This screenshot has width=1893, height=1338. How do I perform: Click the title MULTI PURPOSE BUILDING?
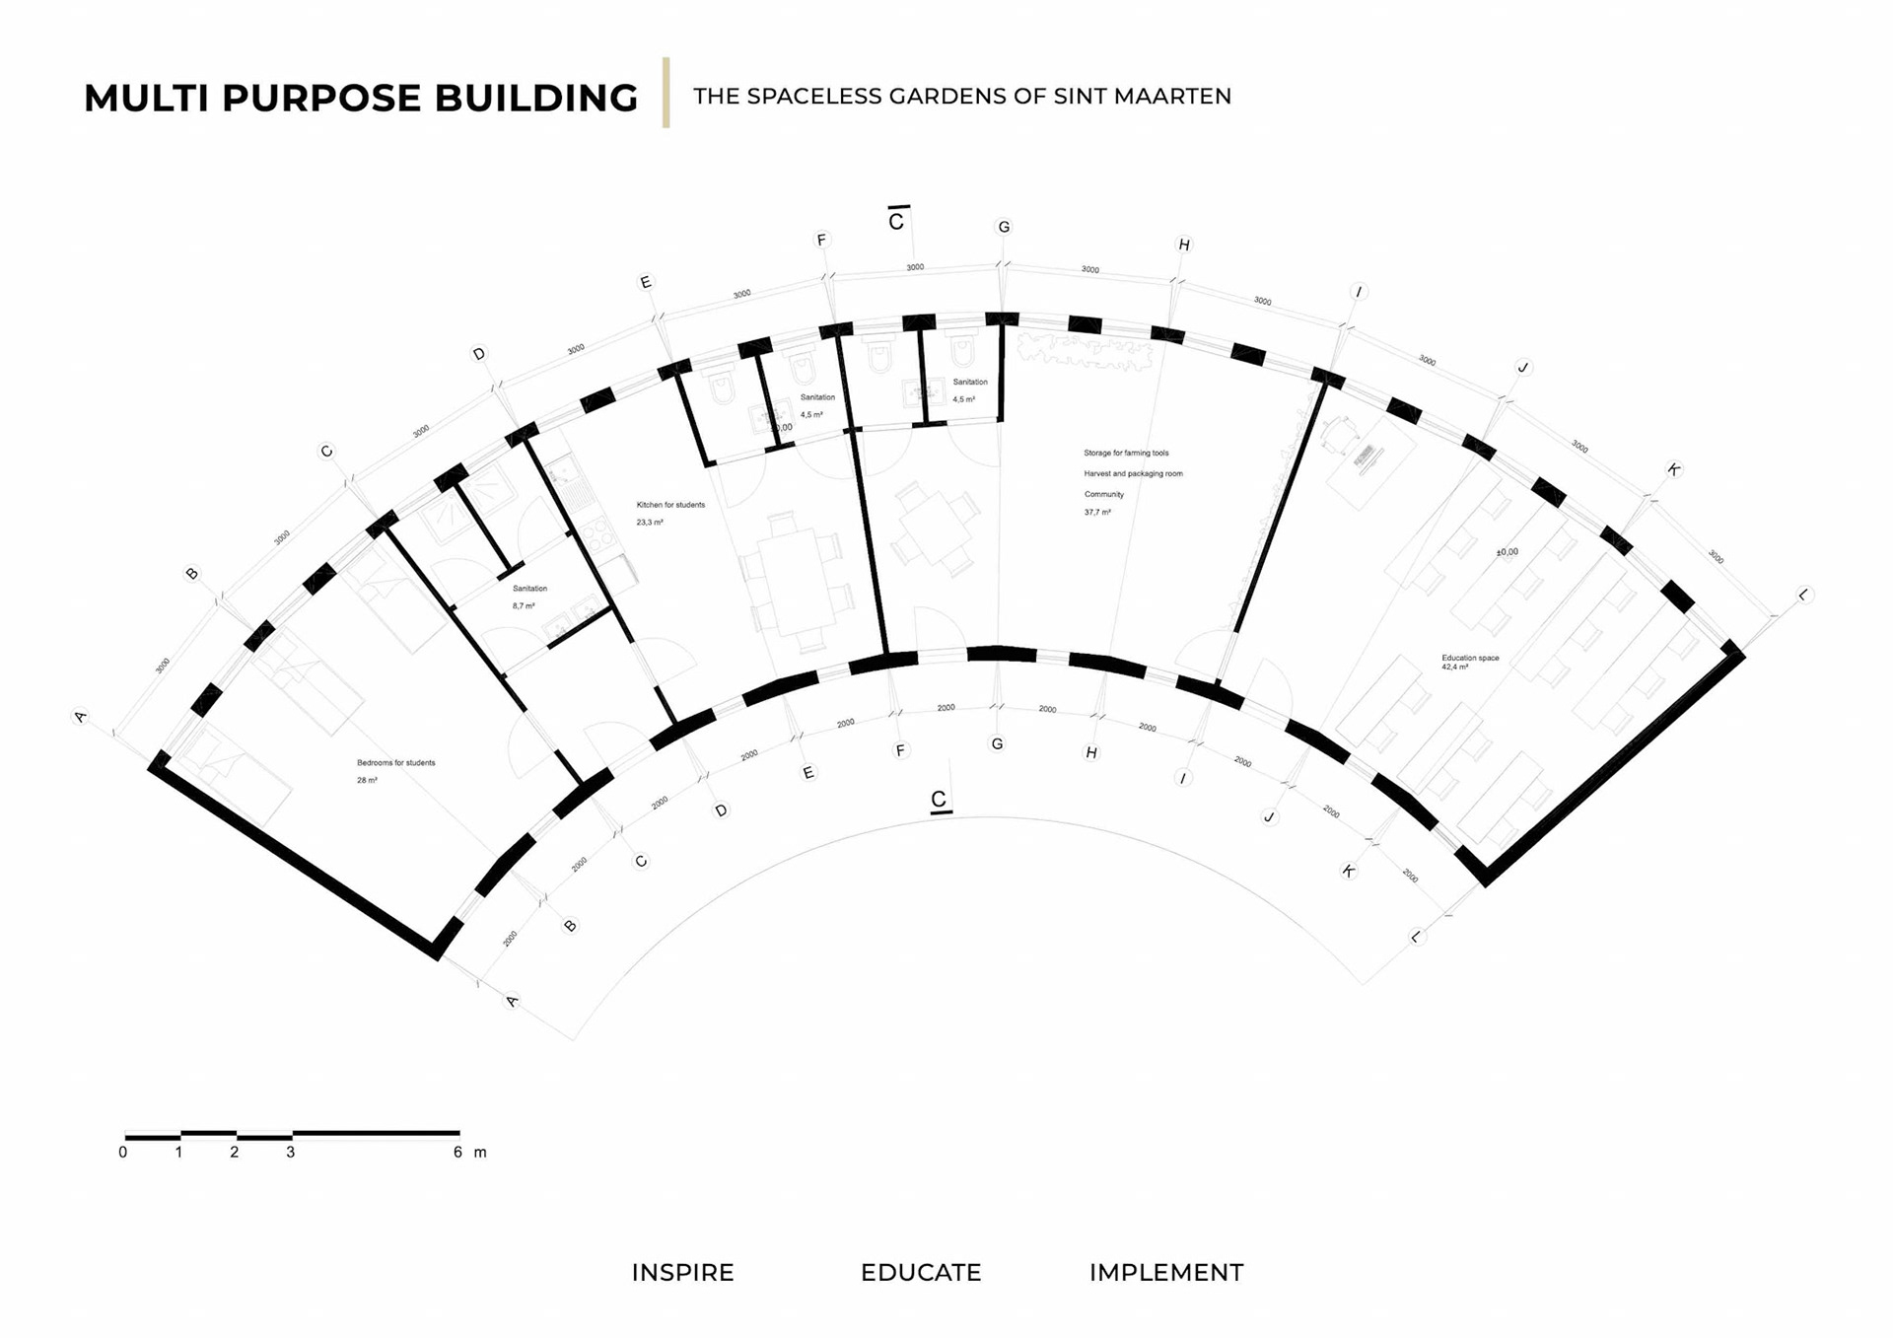(361, 98)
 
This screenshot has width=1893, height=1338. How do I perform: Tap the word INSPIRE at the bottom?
(682, 1272)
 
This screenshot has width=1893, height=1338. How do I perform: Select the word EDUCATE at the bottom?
(921, 1272)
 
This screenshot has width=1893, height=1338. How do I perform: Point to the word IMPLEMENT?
(1165, 1272)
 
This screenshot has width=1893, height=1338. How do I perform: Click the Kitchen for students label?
(670, 505)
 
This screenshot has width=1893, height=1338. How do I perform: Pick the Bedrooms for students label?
(395, 762)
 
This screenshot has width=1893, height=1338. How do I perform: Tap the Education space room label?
(1470, 658)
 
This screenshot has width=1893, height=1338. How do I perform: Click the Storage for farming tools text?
(1126, 453)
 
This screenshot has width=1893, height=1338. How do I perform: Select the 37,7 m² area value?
(1097, 513)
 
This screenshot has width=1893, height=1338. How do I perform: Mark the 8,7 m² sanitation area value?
(524, 606)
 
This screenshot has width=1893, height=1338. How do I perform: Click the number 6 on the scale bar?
(457, 1152)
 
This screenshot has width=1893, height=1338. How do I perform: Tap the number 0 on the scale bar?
(123, 1152)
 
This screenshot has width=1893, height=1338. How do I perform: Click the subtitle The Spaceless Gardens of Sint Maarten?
(961, 97)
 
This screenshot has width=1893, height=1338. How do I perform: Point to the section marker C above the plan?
(896, 221)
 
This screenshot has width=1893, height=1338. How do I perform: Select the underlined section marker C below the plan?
(939, 799)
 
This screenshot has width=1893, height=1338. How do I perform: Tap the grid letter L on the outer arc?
(1804, 595)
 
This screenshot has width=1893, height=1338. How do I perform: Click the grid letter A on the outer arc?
(81, 717)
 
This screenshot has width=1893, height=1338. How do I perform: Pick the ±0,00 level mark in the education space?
(1507, 552)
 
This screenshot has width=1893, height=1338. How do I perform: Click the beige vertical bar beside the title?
(666, 93)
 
